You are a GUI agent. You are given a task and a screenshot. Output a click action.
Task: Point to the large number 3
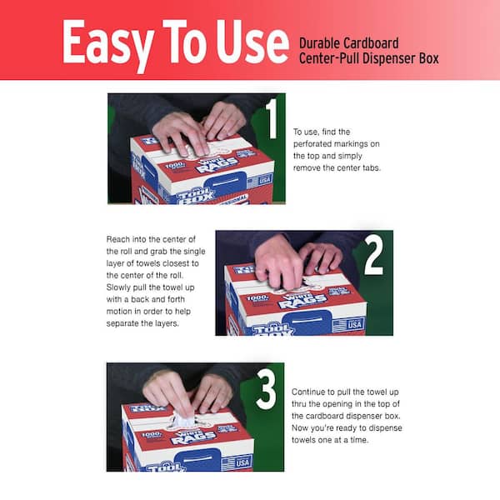click(266, 389)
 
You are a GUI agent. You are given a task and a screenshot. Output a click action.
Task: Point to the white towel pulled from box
click(183, 419)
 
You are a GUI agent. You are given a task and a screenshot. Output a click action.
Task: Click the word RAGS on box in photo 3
click(193, 437)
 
